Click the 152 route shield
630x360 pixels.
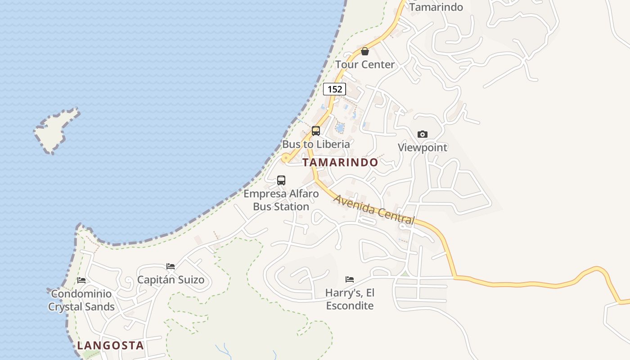coord(334,89)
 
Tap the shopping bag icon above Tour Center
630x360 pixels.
coord(365,51)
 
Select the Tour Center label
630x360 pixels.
coord(365,65)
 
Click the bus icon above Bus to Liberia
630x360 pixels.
coord(316,131)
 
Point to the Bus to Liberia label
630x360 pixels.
coord(316,144)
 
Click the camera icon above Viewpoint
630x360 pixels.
coord(422,134)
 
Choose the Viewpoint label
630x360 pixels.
coord(423,148)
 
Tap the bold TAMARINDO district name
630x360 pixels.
coord(340,162)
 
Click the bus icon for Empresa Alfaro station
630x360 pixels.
coord(281,180)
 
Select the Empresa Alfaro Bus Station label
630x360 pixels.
coord(281,200)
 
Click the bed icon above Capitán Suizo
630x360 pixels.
coord(171,266)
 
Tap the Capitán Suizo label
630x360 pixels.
coord(171,280)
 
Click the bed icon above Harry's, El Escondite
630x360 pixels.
coord(350,279)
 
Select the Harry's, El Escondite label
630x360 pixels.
coord(350,299)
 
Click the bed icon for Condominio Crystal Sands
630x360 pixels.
coord(81,280)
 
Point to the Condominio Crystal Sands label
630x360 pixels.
coord(81,300)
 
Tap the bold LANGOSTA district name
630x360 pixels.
coord(110,346)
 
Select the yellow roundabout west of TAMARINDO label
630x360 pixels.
coord(285,158)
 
